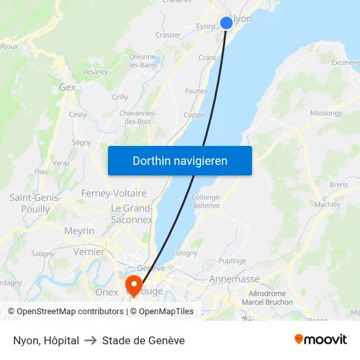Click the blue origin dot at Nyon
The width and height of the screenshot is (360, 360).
[226, 23]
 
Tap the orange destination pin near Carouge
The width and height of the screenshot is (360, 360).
[134, 285]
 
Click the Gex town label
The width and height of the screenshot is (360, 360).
[67, 87]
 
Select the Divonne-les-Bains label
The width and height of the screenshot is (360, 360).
[143, 61]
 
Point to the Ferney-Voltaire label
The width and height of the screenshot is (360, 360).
[114, 194]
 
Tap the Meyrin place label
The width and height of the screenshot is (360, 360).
[79, 231]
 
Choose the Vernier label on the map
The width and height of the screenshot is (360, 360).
[89, 251]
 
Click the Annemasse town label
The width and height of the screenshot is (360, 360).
[234, 279]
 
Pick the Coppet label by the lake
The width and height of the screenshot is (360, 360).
[195, 115]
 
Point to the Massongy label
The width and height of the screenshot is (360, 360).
[326, 113]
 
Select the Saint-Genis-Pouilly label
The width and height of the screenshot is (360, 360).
[35, 203]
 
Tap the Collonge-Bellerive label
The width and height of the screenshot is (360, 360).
[206, 202]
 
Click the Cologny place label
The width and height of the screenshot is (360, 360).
[184, 253]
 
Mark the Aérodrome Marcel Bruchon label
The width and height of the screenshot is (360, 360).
[267, 298]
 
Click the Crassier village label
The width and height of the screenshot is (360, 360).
[168, 35]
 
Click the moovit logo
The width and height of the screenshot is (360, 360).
[321, 340]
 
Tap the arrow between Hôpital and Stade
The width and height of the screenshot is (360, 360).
[90, 340]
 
